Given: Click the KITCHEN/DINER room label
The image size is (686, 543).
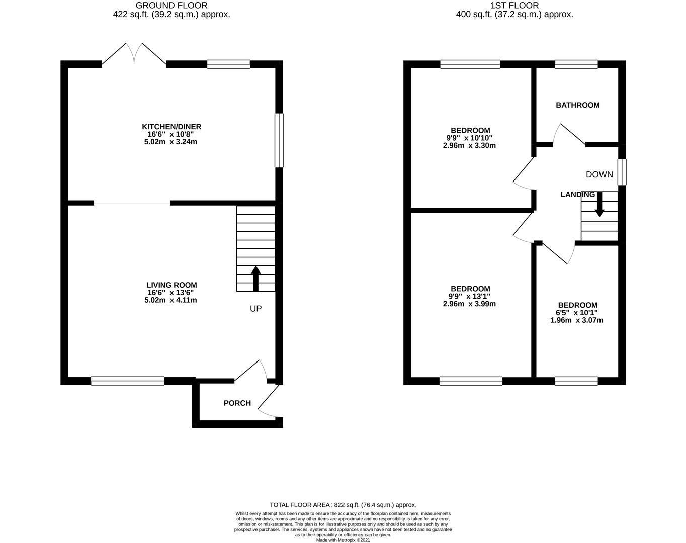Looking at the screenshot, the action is [171, 127].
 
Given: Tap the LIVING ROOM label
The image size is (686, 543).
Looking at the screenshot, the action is [171, 285].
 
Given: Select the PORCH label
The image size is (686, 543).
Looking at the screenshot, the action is [237, 403].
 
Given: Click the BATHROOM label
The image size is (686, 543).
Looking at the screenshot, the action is [577, 105].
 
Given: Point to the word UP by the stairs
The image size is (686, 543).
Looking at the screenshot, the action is [255, 309].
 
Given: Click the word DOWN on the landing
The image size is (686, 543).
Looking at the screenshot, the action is [599, 174].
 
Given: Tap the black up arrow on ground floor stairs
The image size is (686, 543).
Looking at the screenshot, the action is [255, 279].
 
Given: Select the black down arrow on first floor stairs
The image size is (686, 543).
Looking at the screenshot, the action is [599, 204].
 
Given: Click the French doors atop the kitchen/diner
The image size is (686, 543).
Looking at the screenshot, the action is [134, 55].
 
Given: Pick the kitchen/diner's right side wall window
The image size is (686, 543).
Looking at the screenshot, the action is [279, 140].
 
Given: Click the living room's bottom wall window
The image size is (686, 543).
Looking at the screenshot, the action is [128, 381].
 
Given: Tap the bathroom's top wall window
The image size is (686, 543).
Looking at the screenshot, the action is [576, 64].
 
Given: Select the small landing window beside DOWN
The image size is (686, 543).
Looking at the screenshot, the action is [622, 172].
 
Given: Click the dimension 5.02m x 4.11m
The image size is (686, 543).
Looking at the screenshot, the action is [170, 300].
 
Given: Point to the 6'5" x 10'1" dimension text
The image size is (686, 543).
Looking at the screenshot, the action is [577, 313].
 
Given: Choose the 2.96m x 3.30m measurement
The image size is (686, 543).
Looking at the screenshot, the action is [469, 145].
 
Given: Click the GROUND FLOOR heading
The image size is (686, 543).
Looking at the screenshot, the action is [171, 6].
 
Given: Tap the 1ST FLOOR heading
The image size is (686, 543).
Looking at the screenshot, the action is [514, 6].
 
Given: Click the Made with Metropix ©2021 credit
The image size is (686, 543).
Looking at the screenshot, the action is [343, 540].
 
